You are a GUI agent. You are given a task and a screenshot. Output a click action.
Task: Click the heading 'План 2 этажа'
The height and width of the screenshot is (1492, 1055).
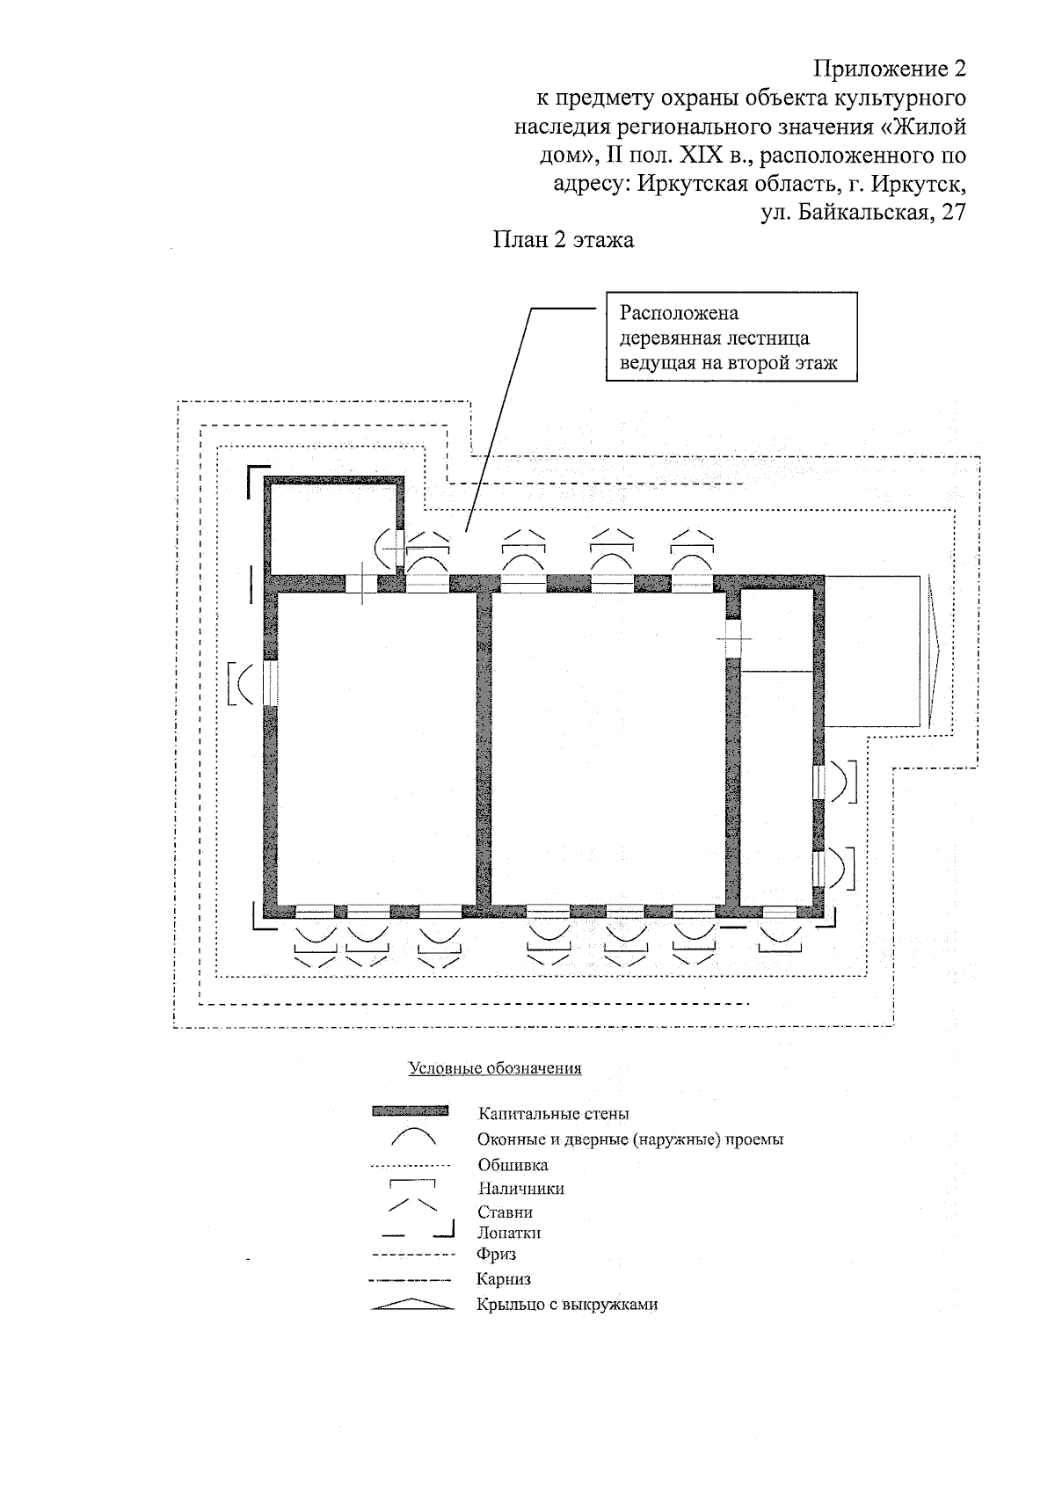click(x=563, y=239)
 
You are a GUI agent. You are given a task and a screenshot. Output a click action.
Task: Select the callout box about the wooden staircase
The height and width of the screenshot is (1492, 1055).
click(x=731, y=338)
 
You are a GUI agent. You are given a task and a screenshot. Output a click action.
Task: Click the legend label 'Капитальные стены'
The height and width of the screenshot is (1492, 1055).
click(x=553, y=1114)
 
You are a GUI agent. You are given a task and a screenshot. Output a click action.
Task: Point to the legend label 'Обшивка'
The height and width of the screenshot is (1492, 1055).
click(x=513, y=1165)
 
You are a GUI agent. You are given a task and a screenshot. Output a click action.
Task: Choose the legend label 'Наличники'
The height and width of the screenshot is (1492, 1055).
click(x=520, y=1189)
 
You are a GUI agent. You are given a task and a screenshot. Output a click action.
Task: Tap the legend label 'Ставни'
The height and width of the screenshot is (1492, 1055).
click(x=505, y=1212)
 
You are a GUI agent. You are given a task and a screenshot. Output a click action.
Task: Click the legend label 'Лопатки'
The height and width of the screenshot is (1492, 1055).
click(x=509, y=1233)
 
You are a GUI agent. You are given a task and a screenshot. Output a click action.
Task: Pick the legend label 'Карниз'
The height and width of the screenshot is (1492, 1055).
click(x=503, y=1279)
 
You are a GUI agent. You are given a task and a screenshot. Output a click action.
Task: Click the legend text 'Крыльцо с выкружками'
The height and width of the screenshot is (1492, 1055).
click(x=567, y=1305)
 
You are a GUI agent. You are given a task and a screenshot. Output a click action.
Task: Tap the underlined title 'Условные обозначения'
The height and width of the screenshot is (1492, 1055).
click(x=495, y=1069)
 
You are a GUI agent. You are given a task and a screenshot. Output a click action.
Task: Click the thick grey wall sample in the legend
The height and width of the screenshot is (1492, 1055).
click(x=411, y=1111)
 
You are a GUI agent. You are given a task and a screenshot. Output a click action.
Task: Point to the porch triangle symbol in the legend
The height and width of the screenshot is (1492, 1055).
click(x=412, y=1305)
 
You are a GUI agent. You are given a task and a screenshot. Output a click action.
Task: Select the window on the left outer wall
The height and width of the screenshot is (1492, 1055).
click(x=270, y=682)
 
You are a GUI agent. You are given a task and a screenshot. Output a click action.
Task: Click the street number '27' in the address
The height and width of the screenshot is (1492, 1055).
click(x=953, y=212)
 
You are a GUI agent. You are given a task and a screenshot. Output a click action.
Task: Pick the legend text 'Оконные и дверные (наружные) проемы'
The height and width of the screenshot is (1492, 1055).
click(x=629, y=1139)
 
